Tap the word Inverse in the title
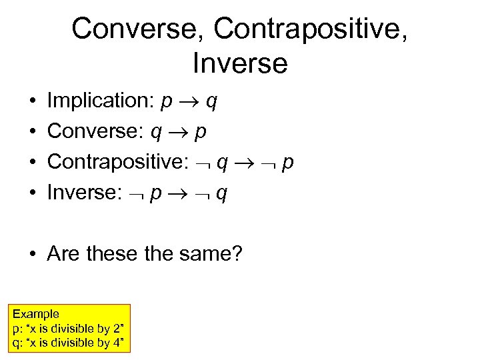(x=240, y=63)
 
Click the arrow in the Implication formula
(x=189, y=101)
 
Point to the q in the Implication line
(x=211, y=102)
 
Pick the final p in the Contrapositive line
(x=287, y=164)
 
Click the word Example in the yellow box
(x=36, y=313)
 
